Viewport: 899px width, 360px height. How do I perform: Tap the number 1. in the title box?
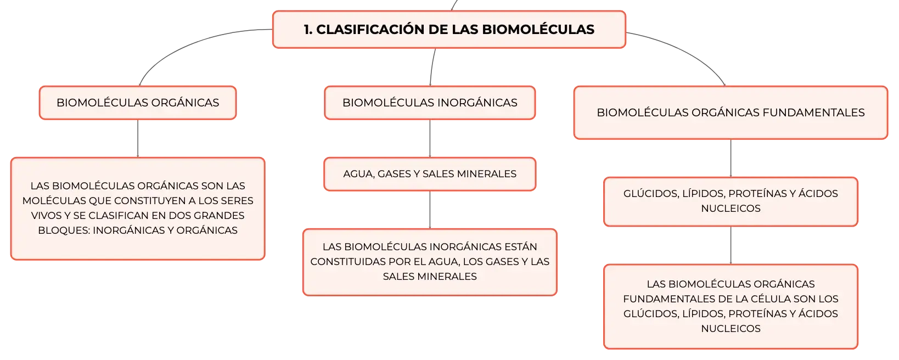point(308,29)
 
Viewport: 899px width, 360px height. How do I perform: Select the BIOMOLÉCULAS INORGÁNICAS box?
point(430,103)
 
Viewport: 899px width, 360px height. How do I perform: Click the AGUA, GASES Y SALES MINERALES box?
point(430,174)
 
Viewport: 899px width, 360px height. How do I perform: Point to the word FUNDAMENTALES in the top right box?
point(813,113)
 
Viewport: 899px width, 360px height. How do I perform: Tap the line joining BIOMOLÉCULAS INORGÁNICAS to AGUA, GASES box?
point(430,138)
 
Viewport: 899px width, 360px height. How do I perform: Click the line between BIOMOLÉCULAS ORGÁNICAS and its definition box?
point(138,138)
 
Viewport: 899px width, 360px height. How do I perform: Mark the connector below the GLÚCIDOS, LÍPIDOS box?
point(731,245)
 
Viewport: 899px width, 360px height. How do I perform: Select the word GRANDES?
point(219,216)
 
